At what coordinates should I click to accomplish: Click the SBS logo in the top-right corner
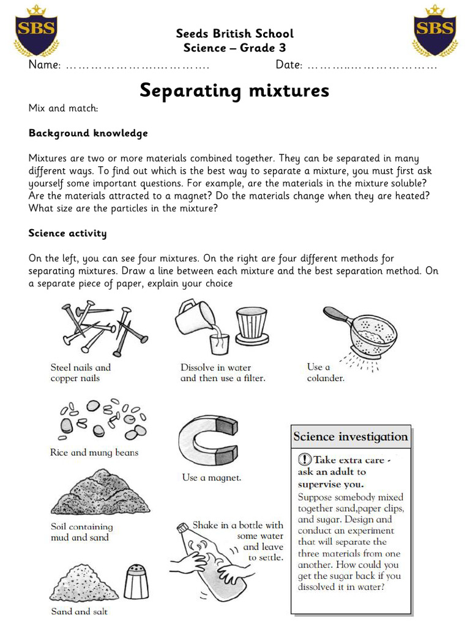pos(435,30)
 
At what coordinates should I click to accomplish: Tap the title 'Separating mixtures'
pos(234,90)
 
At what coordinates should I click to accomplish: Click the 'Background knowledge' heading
pos(88,133)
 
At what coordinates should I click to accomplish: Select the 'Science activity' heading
pos(67,233)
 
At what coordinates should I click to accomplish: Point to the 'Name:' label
pos(44,65)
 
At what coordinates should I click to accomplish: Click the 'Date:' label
pos(288,65)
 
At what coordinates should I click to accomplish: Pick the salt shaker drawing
pos(136,581)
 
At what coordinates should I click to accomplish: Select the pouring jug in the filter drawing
pos(197,319)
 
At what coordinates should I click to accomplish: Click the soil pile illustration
pos(92,492)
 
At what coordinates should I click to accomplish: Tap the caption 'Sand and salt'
pos(80,611)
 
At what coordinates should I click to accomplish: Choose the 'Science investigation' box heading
pos(350,436)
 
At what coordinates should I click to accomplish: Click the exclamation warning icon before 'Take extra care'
pos(304,460)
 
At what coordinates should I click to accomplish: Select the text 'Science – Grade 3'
pos(234,48)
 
